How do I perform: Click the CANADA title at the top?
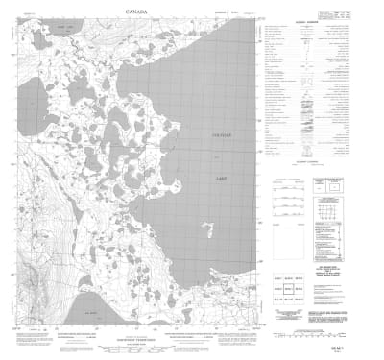click(136, 12)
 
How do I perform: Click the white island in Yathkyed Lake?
click(207, 228)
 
